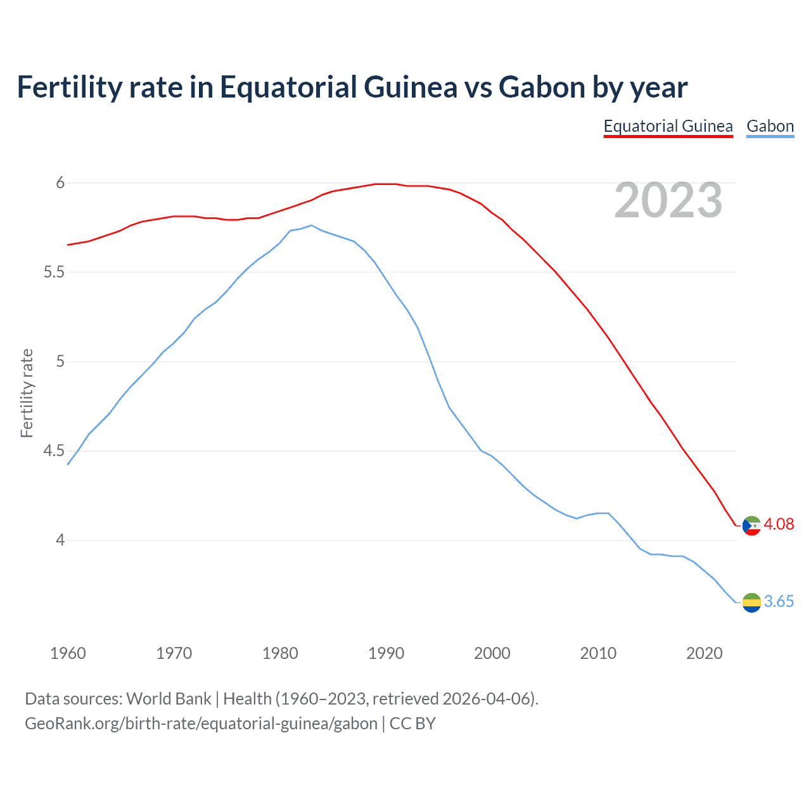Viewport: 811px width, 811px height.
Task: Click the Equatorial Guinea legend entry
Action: click(668, 126)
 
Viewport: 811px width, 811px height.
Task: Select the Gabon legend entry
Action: click(770, 126)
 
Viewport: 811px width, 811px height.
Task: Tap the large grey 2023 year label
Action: click(668, 200)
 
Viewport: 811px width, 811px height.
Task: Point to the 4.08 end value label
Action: click(779, 524)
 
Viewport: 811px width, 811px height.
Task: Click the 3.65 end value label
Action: click(779, 601)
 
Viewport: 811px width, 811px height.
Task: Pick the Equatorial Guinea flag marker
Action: click(751, 525)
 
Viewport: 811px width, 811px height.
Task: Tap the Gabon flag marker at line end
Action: click(751, 603)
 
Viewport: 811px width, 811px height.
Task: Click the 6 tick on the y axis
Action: click(60, 182)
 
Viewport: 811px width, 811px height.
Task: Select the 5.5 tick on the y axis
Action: click(54, 272)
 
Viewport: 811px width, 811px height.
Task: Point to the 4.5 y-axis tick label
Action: click(54, 451)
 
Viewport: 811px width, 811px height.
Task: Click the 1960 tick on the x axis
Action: click(68, 653)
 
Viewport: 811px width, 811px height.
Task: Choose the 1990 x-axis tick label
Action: click(386, 653)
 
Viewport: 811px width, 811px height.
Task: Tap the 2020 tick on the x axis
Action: click(704, 653)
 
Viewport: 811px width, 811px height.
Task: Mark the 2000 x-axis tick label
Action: click(492, 653)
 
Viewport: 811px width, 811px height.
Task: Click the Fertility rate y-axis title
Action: click(27, 393)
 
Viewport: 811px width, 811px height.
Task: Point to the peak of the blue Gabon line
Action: click(310, 225)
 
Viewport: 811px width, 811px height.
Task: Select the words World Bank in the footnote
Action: click(169, 698)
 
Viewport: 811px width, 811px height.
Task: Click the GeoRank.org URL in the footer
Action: click(201, 723)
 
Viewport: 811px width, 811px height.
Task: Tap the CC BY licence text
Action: click(412, 723)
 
